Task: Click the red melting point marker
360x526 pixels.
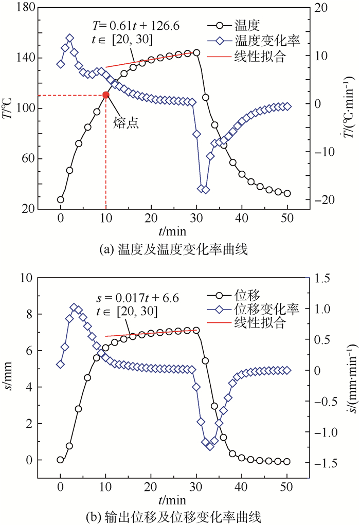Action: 106,95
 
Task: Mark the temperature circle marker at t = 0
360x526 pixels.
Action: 61,199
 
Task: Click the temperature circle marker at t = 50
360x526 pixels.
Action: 287,193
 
